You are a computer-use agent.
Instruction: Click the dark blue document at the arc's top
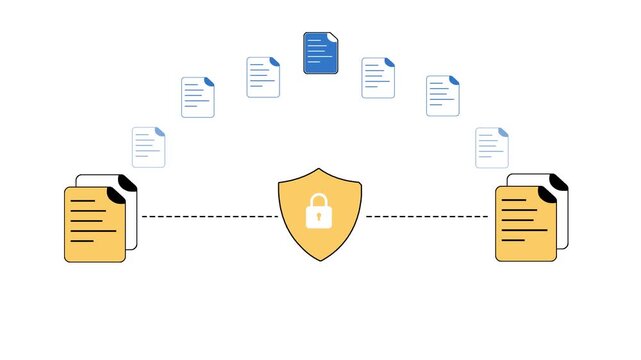(321, 53)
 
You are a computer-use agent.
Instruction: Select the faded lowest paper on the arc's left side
(148, 147)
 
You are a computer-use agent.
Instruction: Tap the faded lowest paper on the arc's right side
(491, 147)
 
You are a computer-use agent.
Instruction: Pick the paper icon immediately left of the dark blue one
(263, 77)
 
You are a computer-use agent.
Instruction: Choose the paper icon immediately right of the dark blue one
(378, 77)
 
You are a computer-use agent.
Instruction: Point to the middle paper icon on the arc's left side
(198, 97)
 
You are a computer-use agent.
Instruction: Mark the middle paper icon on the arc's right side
(443, 96)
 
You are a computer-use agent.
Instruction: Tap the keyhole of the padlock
(319, 216)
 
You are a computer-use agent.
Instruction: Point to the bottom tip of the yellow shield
(319, 261)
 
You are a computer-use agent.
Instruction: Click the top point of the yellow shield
(319, 169)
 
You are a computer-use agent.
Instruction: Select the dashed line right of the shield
(428, 216)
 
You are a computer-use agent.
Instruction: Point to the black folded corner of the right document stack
(556, 184)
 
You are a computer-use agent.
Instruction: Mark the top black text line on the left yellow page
(84, 201)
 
